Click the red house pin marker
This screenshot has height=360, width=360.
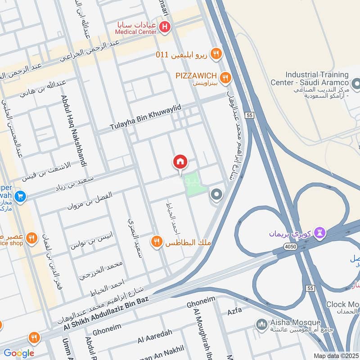tap(180, 162)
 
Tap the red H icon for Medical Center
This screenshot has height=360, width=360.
tap(165, 28)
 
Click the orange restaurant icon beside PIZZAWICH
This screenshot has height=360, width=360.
tap(225, 77)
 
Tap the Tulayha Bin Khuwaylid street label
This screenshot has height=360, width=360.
tap(145, 117)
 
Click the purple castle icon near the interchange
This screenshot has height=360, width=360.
tap(320, 232)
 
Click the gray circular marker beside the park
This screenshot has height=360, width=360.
tap(216, 195)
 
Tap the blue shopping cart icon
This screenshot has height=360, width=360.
tap(19, 197)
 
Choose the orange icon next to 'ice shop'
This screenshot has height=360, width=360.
tap(31, 238)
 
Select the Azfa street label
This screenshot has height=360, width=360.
tap(235, 310)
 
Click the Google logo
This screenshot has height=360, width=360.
tap(18, 353)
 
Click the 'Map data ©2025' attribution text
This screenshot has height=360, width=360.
tap(336, 356)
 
